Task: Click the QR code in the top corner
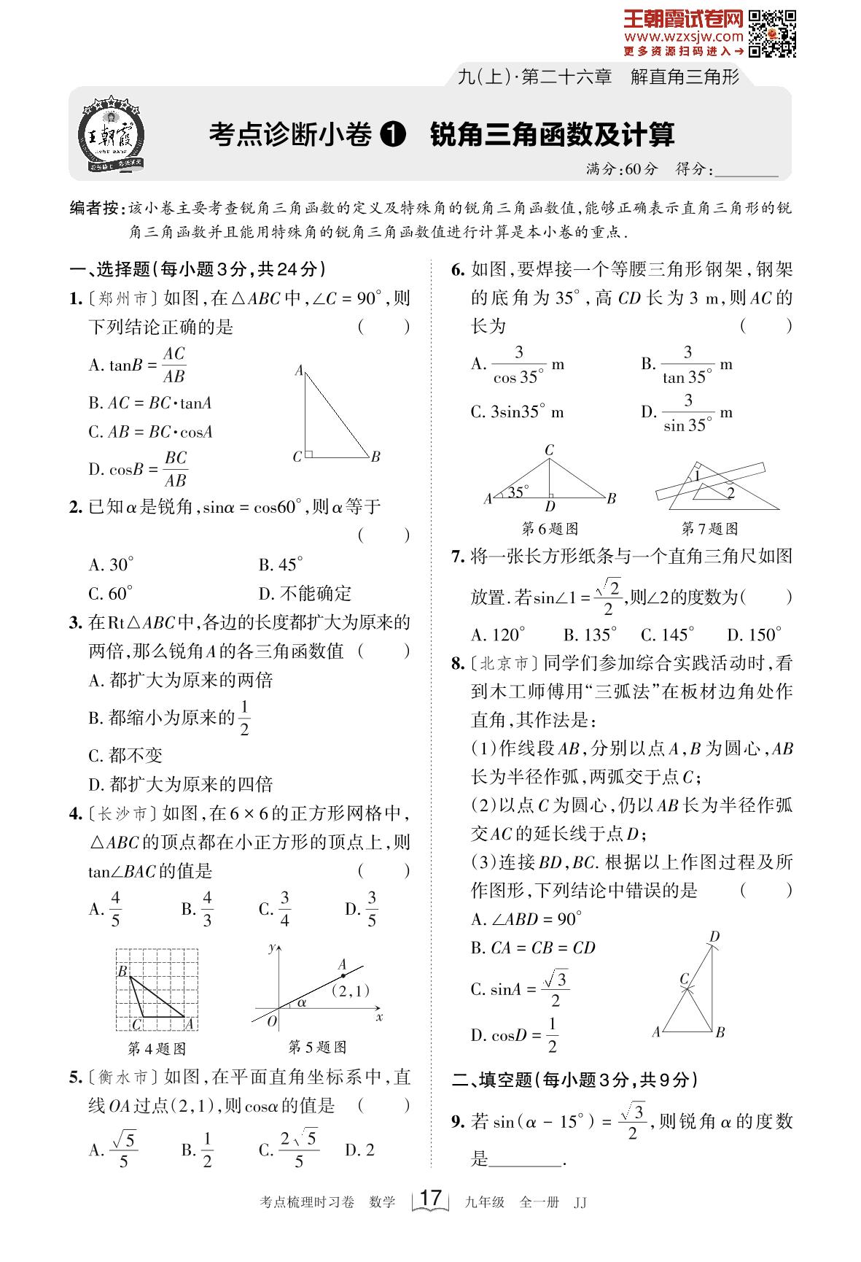[773, 34]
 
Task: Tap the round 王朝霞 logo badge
[112, 136]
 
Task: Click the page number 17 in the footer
[431, 1198]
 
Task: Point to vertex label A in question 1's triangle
[299, 371]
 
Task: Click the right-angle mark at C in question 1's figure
[309, 454]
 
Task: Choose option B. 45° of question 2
[281, 565]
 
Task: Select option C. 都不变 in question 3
[125, 755]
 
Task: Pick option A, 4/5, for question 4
[107, 909]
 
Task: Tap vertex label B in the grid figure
[122, 971]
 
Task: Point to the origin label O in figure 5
[272, 1022]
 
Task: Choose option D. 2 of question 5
[359, 1150]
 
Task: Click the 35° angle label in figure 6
[518, 492]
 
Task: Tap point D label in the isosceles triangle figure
[550, 506]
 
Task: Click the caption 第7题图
[709, 528]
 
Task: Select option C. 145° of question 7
[667, 635]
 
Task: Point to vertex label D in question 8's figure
[714, 937]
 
